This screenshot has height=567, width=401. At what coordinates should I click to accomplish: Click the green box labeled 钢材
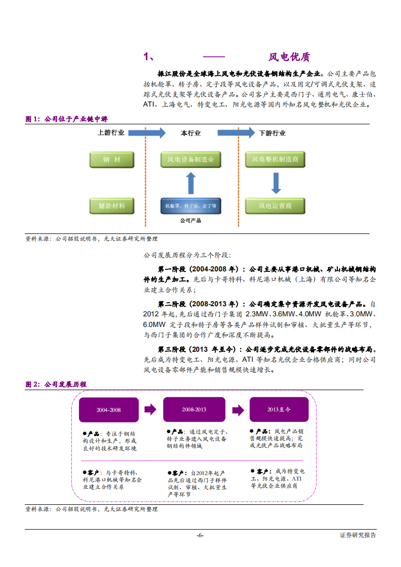[x=112, y=160]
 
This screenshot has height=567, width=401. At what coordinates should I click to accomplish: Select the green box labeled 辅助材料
[x=112, y=206]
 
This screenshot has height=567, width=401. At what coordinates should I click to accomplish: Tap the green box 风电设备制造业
[x=191, y=160]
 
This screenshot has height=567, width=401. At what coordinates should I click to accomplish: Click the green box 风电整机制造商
[x=275, y=160]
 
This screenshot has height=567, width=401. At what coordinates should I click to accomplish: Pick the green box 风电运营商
[x=275, y=206]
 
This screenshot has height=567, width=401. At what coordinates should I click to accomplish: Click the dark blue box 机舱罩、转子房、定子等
[x=191, y=206]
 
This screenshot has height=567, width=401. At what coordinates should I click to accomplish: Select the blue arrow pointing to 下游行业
[x=236, y=133]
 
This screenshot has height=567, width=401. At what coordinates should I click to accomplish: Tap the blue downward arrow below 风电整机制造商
[x=276, y=183]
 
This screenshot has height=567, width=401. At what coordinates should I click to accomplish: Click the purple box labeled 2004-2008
[x=109, y=410]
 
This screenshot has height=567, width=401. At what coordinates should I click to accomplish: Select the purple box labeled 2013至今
[x=279, y=409]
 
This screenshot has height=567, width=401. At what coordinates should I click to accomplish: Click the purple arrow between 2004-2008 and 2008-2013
[x=150, y=410]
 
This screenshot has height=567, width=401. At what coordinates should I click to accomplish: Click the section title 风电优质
[x=289, y=57]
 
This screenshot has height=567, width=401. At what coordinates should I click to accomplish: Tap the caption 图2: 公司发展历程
[x=56, y=385]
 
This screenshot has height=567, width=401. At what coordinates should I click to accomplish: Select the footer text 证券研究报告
[x=358, y=535]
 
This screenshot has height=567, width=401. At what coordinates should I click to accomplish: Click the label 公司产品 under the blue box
[x=191, y=221]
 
